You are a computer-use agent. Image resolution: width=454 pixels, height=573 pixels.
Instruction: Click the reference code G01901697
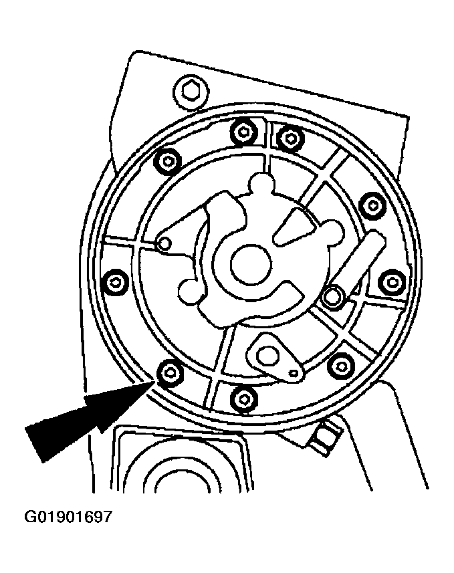click(68, 517)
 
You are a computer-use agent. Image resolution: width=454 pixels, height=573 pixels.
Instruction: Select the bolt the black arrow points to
click(170, 372)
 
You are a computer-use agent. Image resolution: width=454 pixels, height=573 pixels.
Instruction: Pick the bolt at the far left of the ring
click(116, 281)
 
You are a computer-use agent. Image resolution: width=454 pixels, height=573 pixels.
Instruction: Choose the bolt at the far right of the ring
click(392, 282)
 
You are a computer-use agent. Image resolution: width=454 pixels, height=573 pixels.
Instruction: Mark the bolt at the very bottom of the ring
click(244, 397)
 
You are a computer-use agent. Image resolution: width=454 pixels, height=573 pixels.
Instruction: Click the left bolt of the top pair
click(243, 131)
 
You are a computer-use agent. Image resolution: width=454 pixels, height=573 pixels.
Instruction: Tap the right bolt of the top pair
click(290, 138)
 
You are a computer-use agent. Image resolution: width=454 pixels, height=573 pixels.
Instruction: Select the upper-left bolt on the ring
click(168, 160)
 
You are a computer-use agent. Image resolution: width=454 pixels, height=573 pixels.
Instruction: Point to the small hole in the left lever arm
click(165, 243)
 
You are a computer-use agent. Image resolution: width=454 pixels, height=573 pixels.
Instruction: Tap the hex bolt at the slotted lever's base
click(332, 296)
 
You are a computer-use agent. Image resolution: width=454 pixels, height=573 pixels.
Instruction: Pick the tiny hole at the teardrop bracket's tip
click(294, 373)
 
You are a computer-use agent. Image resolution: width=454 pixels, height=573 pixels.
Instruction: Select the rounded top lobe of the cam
click(261, 183)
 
